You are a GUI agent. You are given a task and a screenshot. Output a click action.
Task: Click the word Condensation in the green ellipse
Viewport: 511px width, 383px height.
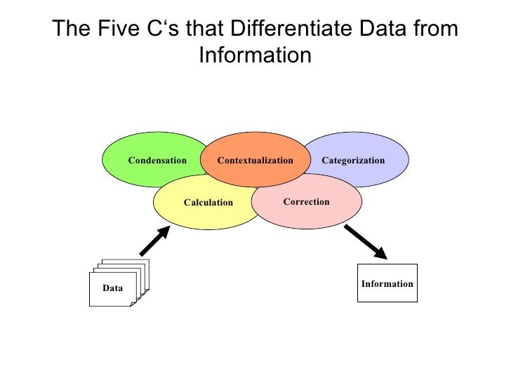point(157,161)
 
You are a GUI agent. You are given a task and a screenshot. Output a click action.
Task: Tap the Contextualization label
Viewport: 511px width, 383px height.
point(255,161)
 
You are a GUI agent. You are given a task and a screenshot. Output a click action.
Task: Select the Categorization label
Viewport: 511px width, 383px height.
point(353,161)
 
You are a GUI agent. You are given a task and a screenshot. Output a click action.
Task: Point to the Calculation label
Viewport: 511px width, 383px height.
point(208,203)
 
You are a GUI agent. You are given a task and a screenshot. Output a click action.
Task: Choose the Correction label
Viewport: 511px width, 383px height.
point(306,202)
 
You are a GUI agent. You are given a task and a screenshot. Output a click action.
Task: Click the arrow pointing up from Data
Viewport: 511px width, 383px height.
point(154,241)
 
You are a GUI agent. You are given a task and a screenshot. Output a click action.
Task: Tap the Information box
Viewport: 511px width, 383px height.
point(387,283)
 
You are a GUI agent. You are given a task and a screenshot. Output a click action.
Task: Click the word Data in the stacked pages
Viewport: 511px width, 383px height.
point(112,288)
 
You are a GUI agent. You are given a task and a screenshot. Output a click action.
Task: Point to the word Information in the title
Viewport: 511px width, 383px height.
point(255,55)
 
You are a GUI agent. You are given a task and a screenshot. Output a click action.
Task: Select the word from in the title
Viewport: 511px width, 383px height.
point(435,29)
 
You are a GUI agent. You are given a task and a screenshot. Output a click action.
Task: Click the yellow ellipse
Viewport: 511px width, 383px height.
point(204,214)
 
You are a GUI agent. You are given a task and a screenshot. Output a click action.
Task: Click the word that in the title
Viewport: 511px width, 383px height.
point(208,29)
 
